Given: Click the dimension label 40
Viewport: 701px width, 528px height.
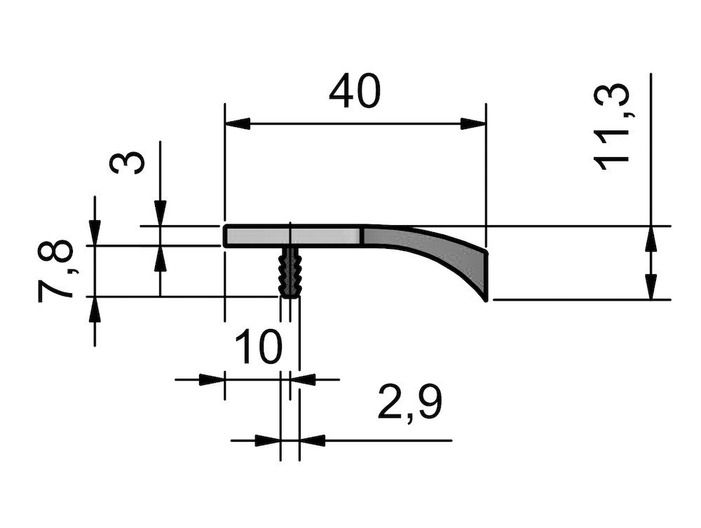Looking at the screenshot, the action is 355,91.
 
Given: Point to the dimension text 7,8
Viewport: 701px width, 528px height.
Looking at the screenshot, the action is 55,271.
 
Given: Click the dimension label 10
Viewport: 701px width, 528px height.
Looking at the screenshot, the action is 259,346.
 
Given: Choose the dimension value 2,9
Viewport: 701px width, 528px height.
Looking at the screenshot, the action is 409,402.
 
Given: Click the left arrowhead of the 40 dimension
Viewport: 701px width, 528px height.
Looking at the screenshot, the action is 238,124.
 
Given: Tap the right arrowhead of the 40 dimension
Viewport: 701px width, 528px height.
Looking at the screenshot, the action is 473,124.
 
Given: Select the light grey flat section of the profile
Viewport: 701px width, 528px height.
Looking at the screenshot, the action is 293,236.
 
